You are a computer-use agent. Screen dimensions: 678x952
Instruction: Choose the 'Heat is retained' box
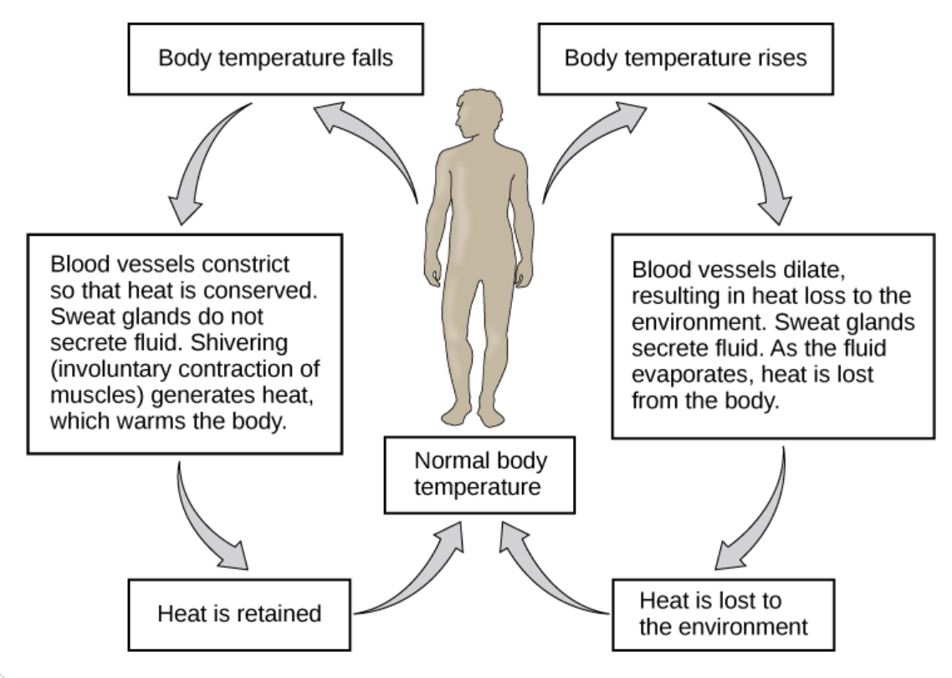[x=239, y=614]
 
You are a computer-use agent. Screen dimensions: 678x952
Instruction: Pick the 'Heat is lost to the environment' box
[x=723, y=614]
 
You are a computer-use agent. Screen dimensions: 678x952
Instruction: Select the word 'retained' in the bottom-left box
[x=279, y=614]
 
